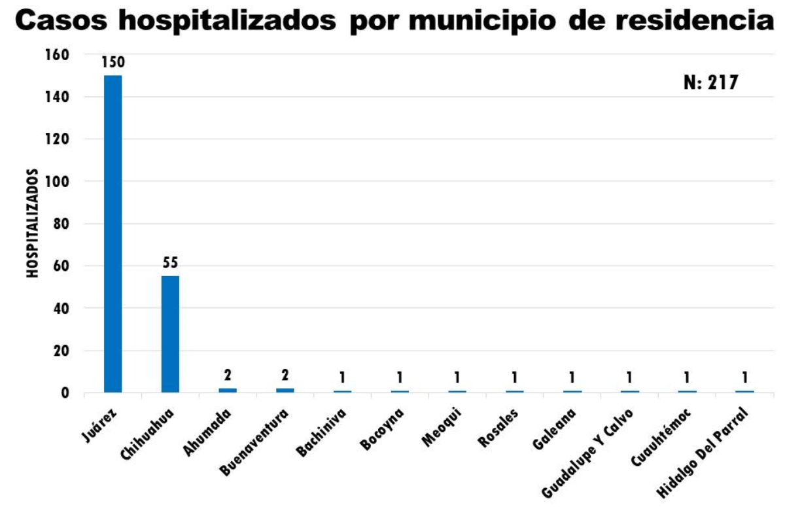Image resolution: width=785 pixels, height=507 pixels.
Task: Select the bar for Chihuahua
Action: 169,334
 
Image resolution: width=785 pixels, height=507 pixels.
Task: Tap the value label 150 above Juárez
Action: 112,63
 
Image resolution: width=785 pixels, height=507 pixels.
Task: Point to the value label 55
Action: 170,263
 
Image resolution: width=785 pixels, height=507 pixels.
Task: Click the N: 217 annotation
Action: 710,83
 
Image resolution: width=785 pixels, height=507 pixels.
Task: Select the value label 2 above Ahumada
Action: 227,376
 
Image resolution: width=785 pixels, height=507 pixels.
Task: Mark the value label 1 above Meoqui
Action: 457,377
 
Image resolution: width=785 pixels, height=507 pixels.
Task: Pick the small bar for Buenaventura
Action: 285,390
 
